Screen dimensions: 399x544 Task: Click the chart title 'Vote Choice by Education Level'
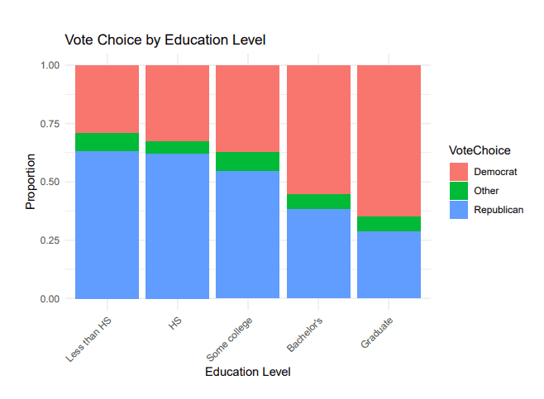point(165,40)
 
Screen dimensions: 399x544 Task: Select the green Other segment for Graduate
point(389,224)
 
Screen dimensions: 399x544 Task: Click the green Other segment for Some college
point(248,162)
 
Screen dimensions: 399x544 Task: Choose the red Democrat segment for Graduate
point(389,140)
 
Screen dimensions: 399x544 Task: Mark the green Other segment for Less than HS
point(107,142)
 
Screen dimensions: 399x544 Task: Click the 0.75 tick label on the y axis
point(49,124)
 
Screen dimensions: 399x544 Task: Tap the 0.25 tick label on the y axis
point(49,240)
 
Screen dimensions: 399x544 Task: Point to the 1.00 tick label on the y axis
point(49,65)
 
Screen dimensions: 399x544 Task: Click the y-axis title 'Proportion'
point(31,181)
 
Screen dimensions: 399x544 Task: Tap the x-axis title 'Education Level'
point(247,373)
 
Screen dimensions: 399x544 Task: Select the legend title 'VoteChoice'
point(480,150)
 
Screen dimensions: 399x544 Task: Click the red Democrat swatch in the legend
point(459,171)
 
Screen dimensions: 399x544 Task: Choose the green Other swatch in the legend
point(459,191)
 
